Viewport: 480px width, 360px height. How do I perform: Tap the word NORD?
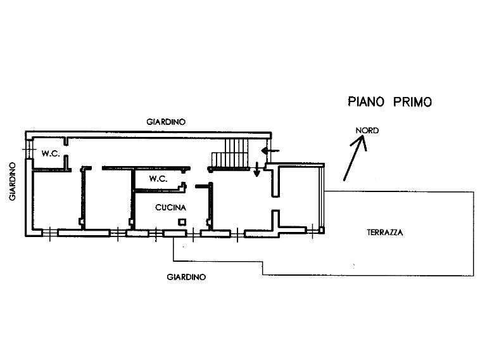point(367,131)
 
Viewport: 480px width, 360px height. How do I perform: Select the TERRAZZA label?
point(384,232)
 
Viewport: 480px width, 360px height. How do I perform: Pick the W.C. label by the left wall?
point(51,153)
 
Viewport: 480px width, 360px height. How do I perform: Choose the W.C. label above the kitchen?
point(158,179)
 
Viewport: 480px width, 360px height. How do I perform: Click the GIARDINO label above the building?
point(166,122)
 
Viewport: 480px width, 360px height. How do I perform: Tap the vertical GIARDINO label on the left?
point(12,181)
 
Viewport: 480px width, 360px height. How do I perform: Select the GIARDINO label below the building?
point(186,277)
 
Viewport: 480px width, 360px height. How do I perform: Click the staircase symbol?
point(232,154)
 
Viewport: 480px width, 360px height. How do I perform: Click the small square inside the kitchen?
point(182,222)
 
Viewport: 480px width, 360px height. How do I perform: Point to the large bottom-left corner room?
point(55,200)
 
